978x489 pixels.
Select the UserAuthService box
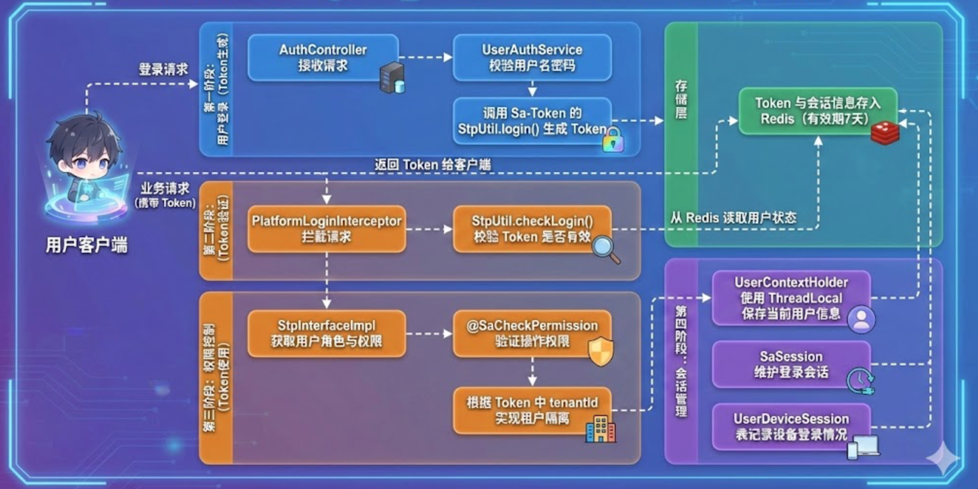(x=532, y=57)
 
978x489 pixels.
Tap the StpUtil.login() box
(x=532, y=121)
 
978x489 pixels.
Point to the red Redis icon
(x=885, y=133)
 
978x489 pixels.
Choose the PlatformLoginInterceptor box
(x=326, y=228)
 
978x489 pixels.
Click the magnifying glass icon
(x=606, y=249)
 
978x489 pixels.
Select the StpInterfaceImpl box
(x=326, y=333)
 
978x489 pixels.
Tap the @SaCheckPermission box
(x=532, y=333)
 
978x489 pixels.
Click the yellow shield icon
(x=601, y=350)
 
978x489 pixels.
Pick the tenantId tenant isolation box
(x=532, y=410)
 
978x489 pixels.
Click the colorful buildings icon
(x=601, y=429)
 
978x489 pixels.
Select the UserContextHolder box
(x=791, y=297)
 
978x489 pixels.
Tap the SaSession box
(x=791, y=364)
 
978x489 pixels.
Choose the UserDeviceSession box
(x=791, y=426)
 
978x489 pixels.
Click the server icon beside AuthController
(x=392, y=78)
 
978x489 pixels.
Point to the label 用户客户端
(x=86, y=245)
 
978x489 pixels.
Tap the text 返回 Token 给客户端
(x=432, y=165)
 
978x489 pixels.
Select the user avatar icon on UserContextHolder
(x=861, y=319)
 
